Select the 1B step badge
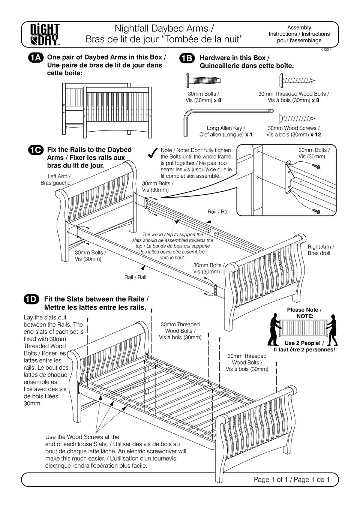(187, 58)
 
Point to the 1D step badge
(31, 299)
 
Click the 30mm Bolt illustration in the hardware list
(203, 80)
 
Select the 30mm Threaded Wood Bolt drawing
(296, 80)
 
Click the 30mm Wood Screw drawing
(296, 118)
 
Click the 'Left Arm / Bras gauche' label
(55, 179)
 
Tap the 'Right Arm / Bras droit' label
(321, 250)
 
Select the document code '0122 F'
(326, 49)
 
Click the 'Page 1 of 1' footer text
(292, 480)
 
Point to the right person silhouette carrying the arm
(333, 330)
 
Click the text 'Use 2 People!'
(302, 343)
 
